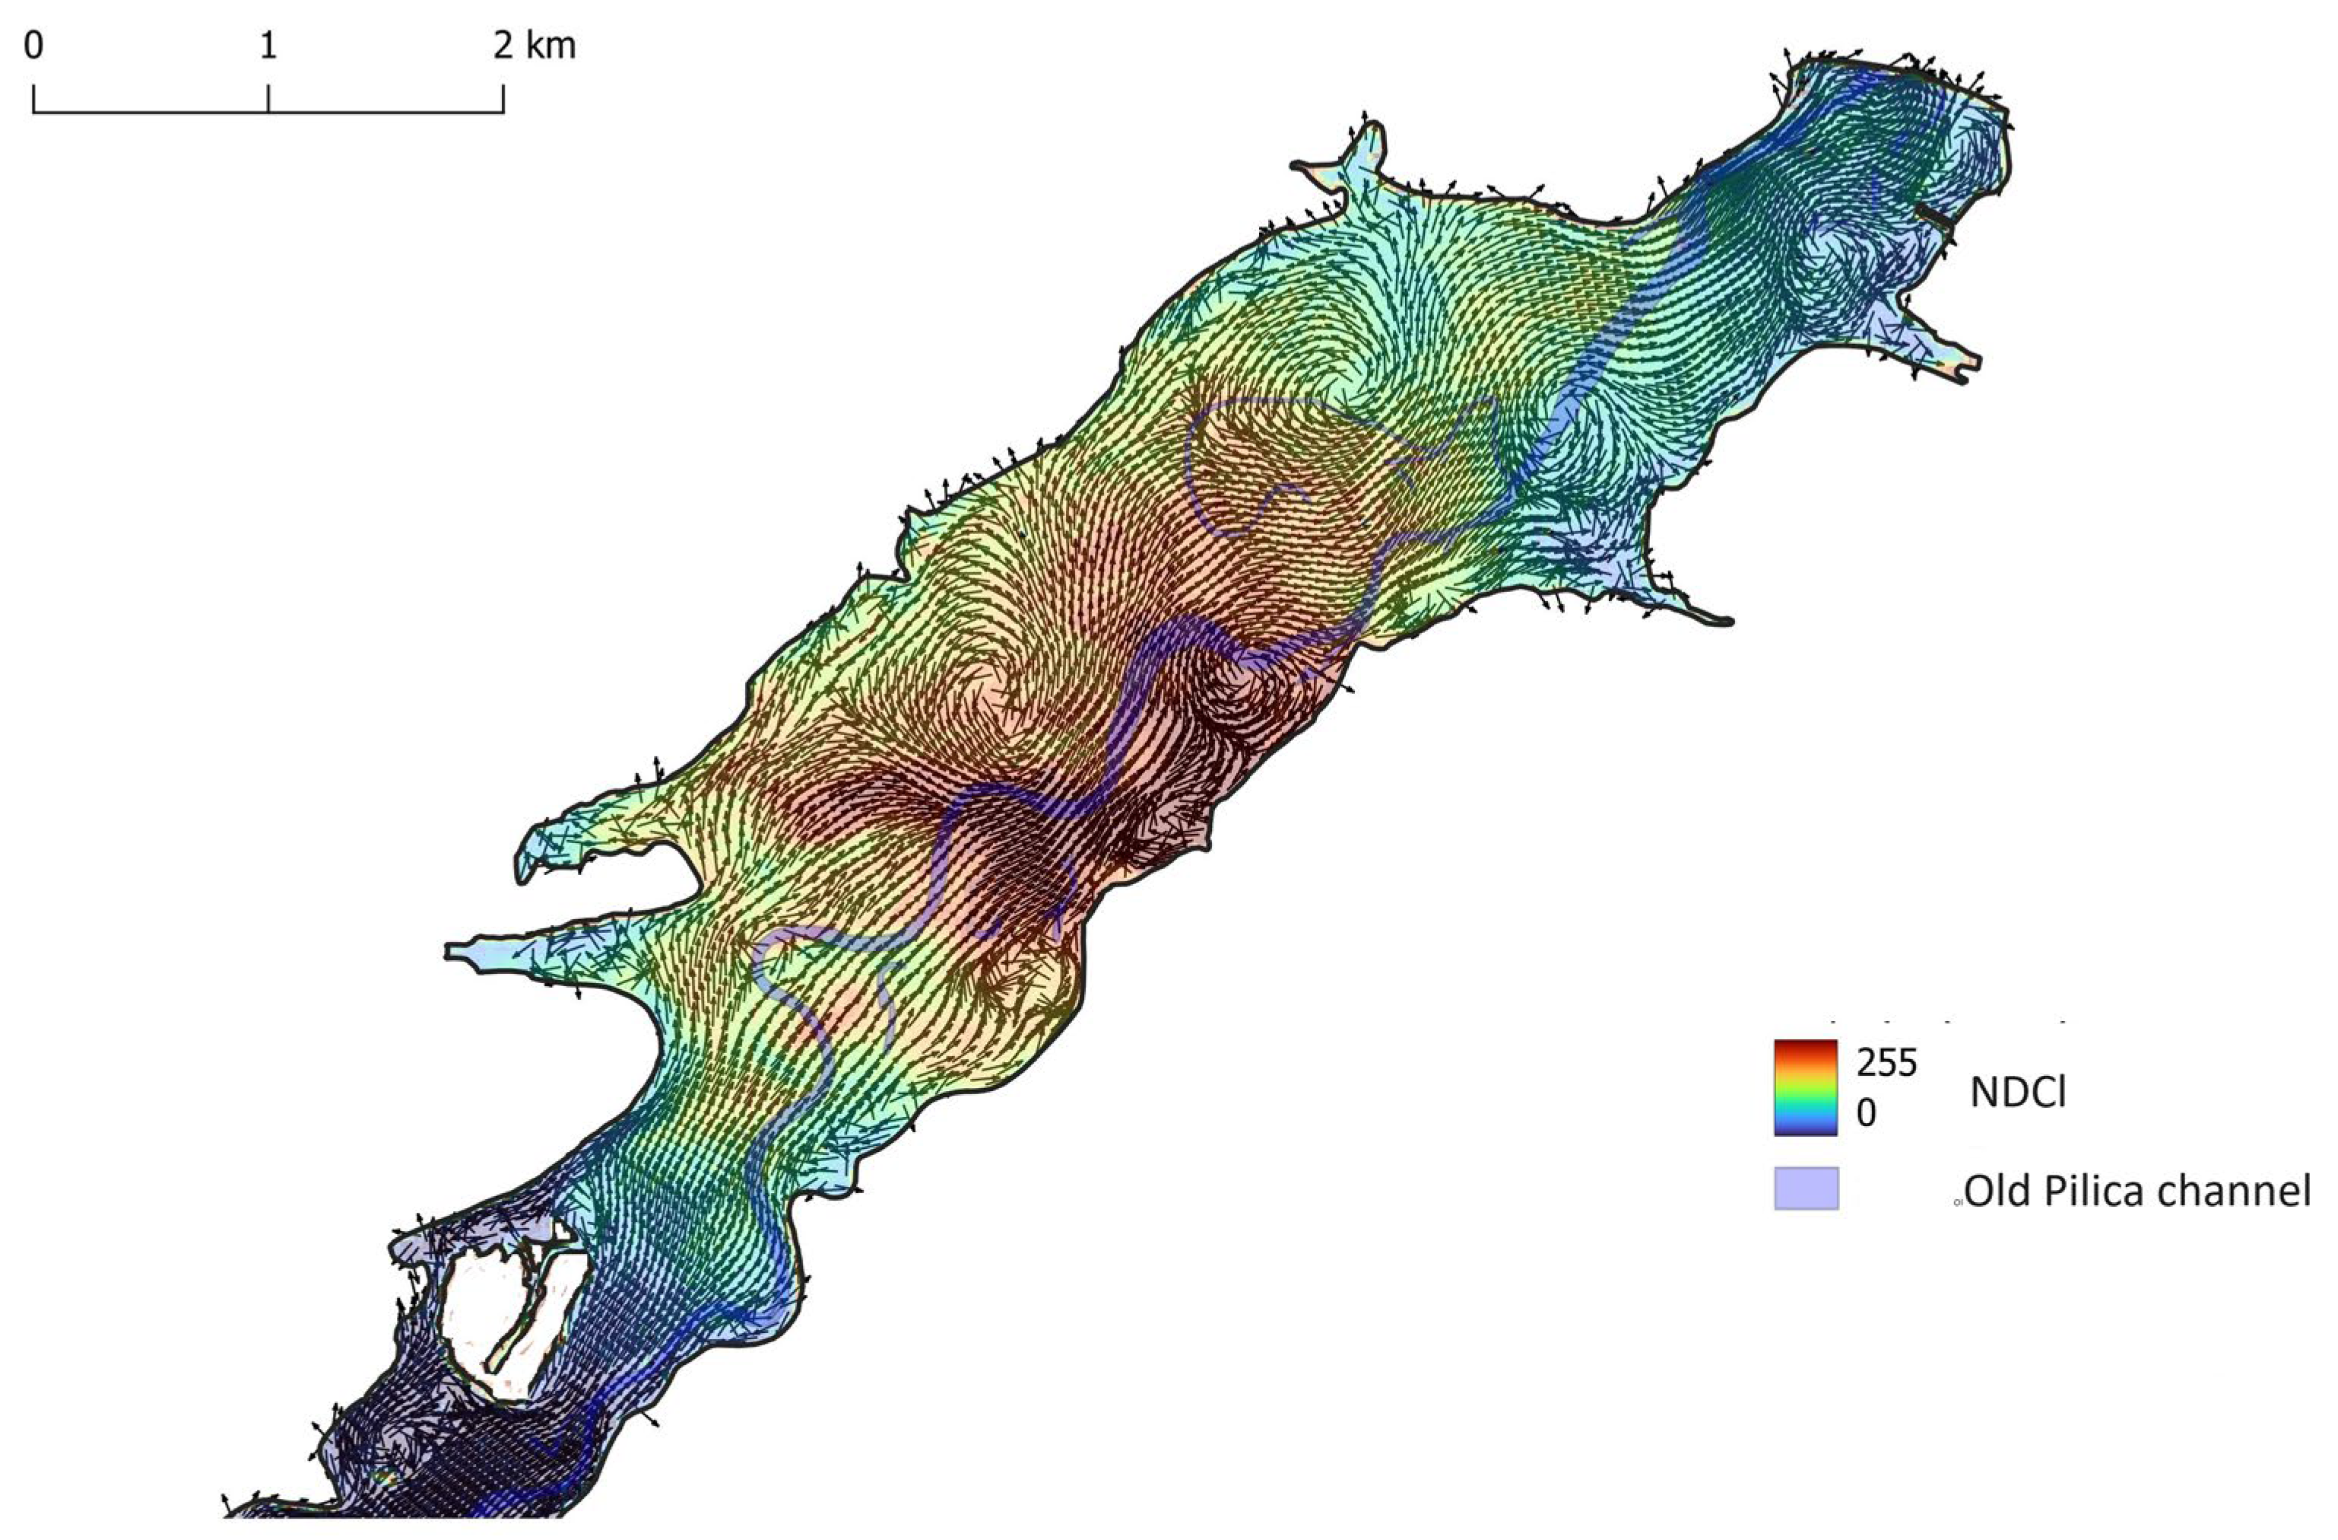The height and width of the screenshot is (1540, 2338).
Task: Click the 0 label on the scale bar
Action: (x=33, y=45)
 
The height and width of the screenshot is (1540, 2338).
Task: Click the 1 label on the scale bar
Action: (x=267, y=45)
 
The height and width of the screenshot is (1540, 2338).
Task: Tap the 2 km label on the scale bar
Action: (x=535, y=45)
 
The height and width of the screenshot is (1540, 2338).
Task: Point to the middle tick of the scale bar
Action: (x=268, y=98)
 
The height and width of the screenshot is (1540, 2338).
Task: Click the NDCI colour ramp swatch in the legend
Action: (x=1806, y=1087)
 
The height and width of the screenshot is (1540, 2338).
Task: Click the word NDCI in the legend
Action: (x=2017, y=1093)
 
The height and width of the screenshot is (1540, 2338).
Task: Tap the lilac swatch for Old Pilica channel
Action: (x=1806, y=1188)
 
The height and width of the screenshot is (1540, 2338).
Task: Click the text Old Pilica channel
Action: (x=2137, y=1192)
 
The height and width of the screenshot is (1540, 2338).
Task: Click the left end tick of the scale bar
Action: (x=34, y=98)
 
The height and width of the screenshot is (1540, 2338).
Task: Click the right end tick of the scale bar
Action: (x=503, y=98)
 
